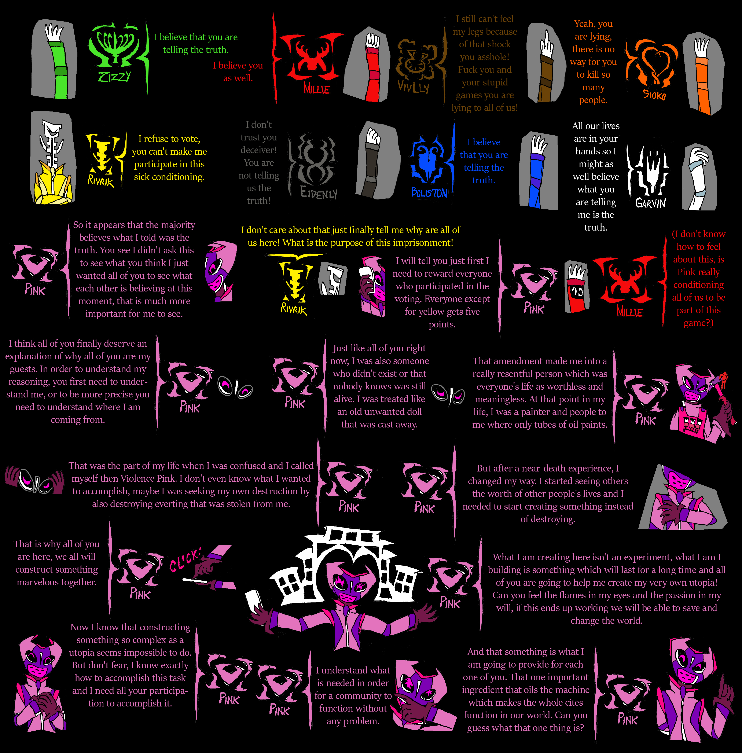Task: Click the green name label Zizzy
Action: tap(114, 76)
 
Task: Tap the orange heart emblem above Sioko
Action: tap(653, 62)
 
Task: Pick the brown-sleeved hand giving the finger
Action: tap(547, 62)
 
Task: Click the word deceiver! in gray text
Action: tap(259, 150)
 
